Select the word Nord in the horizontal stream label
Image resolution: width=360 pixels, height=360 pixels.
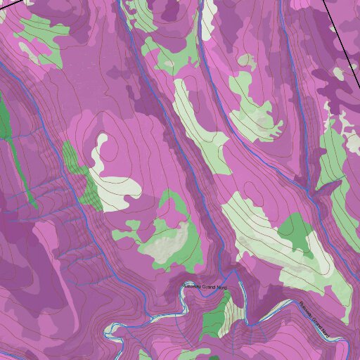(222, 288)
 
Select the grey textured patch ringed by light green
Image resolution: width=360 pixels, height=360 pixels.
(169, 243)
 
